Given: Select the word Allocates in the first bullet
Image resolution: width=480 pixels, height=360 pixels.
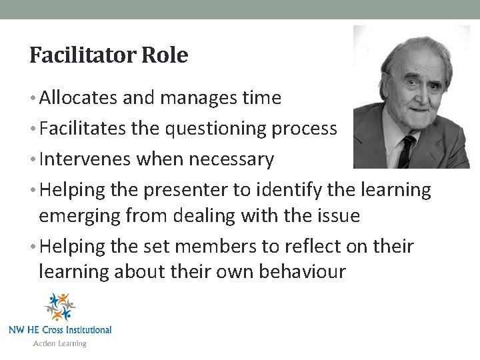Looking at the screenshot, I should point(79,99).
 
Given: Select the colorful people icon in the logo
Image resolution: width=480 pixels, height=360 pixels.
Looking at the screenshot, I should point(60,307).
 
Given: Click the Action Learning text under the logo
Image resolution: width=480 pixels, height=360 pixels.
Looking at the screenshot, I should point(60,344).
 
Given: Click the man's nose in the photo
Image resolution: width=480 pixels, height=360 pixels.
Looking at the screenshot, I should point(414,93).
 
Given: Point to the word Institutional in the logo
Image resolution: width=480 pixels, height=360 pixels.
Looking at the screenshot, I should point(85,329).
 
